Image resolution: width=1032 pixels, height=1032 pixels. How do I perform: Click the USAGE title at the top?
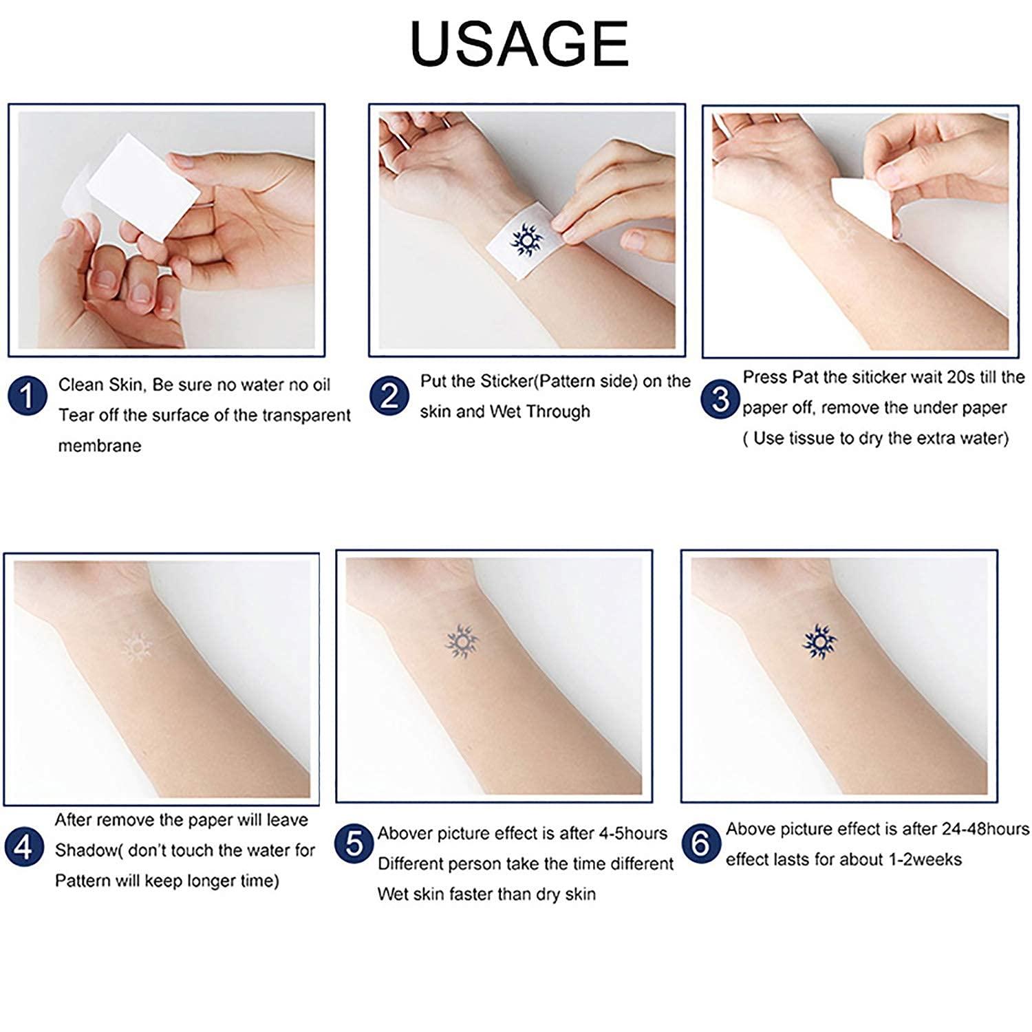(x=519, y=43)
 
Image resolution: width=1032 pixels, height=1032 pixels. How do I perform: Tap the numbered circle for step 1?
(x=28, y=396)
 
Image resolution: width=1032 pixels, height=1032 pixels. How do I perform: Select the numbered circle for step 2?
(x=389, y=396)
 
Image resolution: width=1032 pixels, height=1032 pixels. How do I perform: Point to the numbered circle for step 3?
(x=720, y=399)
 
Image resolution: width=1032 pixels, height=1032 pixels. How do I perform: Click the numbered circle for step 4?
(x=23, y=846)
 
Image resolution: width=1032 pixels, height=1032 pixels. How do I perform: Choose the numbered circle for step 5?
(x=354, y=843)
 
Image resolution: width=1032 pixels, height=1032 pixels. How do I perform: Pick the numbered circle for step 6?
(x=700, y=843)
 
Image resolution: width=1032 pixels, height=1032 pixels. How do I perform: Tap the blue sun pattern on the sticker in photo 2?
(x=526, y=238)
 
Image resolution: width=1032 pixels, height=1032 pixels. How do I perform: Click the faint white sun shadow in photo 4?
(x=136, y=647)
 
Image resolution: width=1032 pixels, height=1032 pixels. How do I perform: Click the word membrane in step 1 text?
(x=100, y=446)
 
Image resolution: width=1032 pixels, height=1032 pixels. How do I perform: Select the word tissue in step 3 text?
(x=809, y=438)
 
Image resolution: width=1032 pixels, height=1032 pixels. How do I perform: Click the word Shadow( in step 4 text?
(x=85, y=850)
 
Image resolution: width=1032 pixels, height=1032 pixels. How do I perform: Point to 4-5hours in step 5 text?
(x=632, y=833)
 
